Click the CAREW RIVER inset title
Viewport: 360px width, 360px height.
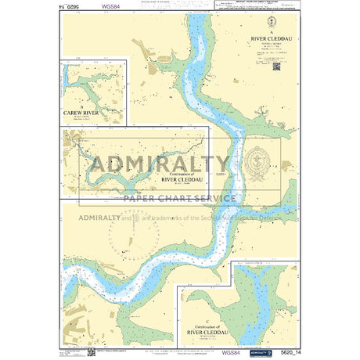pos(83,113)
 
